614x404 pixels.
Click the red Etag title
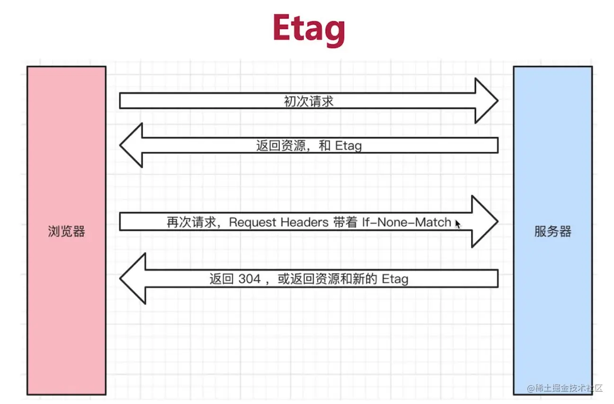[x=309, y=29]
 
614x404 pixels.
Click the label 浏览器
[x=66, y=231]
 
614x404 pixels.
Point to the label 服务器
[x=552, y=231]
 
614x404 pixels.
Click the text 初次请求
[x=309, y=101]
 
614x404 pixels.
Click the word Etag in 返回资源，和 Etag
[x=348, y=146]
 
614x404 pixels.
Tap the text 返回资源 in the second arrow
[x=275, y=146]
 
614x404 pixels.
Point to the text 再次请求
[x=185, y=222]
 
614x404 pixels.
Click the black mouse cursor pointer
[x=458, y=224]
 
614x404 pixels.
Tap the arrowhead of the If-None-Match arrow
[x=485, y=221]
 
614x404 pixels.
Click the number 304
[x=249, y=279]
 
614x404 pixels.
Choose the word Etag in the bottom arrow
[x=395, y=279]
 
